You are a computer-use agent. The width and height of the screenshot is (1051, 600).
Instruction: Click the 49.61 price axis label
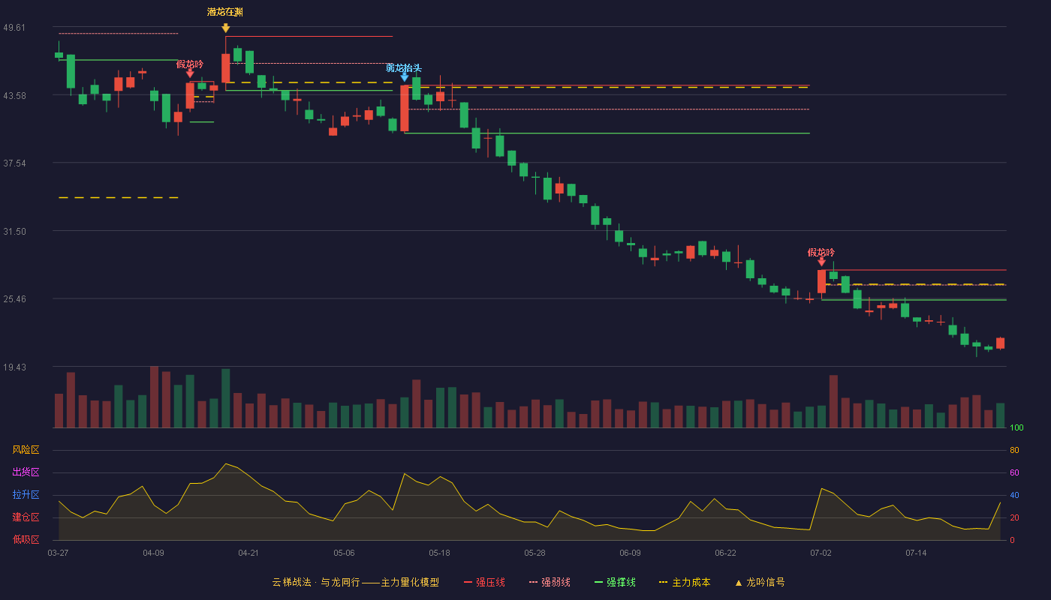[14, 28]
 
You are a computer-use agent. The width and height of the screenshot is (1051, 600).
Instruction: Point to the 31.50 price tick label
[14, 232]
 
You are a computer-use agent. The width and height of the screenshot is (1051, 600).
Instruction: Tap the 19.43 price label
[14, 367]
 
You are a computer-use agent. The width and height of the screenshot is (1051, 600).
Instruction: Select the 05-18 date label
[439, 553]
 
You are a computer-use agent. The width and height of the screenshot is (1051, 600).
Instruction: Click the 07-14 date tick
[916, 553]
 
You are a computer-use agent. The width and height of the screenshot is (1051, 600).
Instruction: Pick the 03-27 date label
[59, 553]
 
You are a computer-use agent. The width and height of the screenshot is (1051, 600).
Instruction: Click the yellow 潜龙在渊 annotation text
[225, 12]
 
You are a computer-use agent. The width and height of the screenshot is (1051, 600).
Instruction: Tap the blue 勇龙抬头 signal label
[404, 68]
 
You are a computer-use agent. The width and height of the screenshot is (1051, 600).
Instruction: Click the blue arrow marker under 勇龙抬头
[404, 76]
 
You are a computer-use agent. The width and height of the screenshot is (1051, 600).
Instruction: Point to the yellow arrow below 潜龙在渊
[226, 28]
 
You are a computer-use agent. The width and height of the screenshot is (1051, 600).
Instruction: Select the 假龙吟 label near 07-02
[821, 253]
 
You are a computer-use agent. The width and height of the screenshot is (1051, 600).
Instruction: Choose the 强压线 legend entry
[484, 582]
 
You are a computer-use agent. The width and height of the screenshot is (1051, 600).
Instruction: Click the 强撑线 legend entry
[615, 582]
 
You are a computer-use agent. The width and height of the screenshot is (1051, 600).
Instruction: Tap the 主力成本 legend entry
[685, 582]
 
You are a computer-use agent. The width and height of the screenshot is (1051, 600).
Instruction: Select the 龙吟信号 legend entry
[760, 582]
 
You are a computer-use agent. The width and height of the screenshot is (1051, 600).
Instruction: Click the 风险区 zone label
[26, 450]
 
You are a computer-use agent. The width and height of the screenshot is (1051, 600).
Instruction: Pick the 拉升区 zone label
[26, 494]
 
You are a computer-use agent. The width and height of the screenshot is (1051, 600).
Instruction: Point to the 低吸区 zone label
[26, 539]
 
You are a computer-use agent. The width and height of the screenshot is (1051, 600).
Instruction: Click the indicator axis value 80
[1014, 450]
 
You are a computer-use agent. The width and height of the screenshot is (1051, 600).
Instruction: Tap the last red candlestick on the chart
[1000, 343]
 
